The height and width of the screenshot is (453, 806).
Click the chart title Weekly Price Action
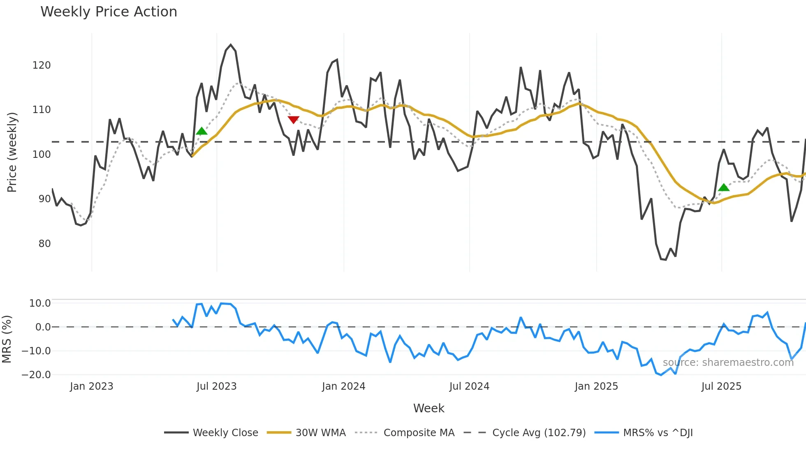[x=109, y=12]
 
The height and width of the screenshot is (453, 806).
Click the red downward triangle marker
[x=293, y=120]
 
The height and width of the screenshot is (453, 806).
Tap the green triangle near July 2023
[x=201, y=131]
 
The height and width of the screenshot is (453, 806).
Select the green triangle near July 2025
[x=723, y=187]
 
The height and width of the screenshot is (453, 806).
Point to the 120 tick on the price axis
[x=42, y=65]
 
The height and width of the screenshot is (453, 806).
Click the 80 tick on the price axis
[x=44, y=244]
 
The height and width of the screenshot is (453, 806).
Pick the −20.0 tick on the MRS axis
[x=36, y=375]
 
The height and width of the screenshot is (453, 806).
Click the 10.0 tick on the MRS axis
[x=40, y=303]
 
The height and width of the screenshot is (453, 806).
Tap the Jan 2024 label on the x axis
[x=343, y=386]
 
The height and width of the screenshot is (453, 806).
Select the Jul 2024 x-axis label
[x=469, y=386]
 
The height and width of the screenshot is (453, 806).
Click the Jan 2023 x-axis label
[x=91, y=386]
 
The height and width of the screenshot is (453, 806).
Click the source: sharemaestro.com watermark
[x=728, y=363]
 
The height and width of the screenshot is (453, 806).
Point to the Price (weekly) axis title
[x=12, y=152]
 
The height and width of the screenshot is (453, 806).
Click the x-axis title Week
[x=428, y=408]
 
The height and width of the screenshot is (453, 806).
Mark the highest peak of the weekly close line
[x=231, y=45]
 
